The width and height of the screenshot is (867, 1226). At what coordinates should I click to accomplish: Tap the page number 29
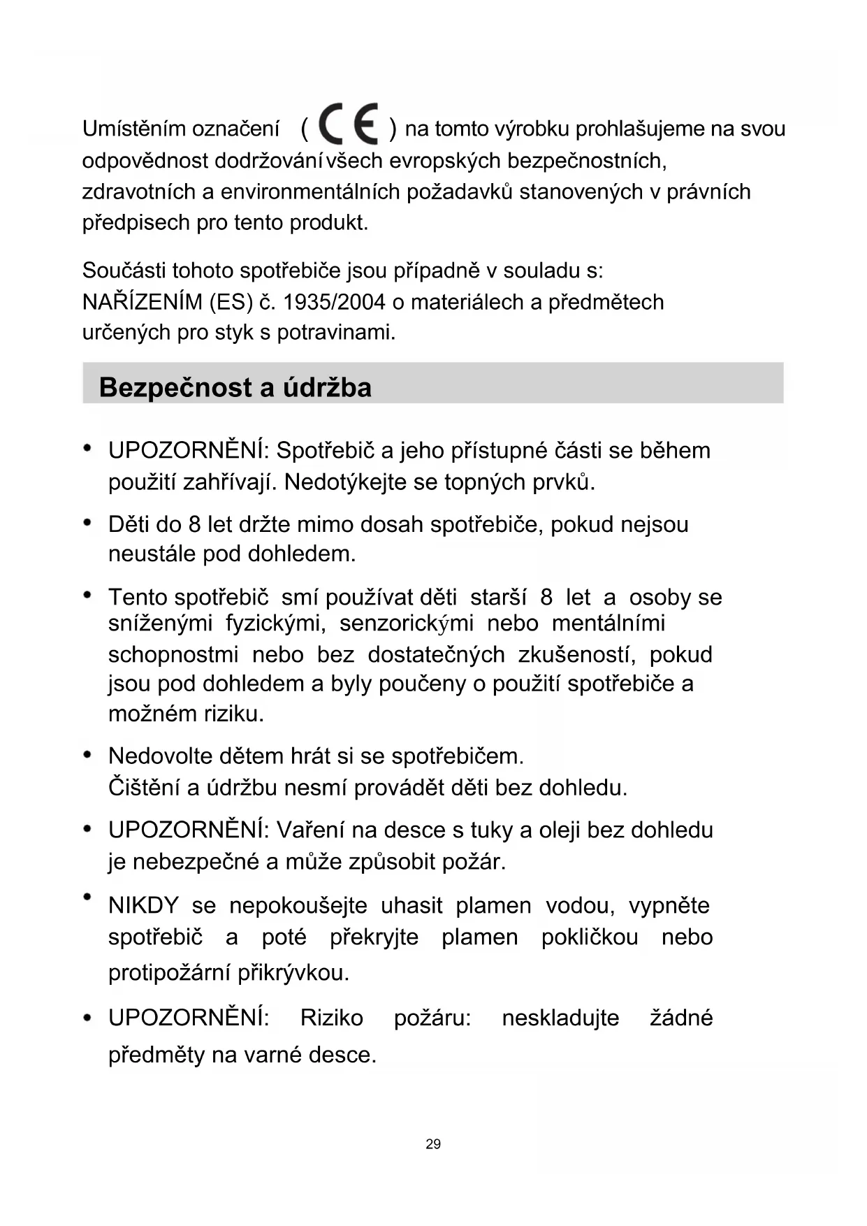pos(433,1144)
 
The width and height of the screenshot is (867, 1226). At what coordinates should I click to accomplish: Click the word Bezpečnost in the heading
pos(177,387)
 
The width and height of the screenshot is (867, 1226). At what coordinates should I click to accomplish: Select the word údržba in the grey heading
pos(327,387)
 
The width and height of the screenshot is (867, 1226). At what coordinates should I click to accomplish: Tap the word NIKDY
pos(143,906)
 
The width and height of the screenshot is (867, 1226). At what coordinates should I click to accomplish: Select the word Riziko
pos(331,1018)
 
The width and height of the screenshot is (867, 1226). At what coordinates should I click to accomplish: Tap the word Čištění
pos(143,788)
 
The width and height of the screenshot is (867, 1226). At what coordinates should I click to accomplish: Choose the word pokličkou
pos(589,937)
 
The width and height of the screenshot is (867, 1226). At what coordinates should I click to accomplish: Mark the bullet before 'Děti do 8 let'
pos(87,522)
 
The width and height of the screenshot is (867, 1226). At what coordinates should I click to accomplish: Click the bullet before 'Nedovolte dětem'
pos(87,755)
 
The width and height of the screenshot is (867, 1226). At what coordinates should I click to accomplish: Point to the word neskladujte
pos(560,1018)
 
